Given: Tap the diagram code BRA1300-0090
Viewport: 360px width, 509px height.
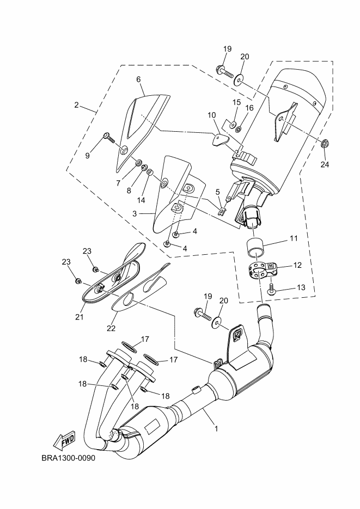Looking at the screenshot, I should click(68, 457).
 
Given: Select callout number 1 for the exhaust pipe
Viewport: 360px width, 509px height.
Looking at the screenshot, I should click(216, 428).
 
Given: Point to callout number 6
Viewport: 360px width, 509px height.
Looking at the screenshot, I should click(138, 79).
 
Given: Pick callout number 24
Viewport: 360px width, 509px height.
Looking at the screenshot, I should click(325, 164).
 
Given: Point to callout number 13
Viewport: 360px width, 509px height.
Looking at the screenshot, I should click(301, 287).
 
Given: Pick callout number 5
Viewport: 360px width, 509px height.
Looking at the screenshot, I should click(217, 192).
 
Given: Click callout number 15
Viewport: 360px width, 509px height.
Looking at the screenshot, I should click(236, 103).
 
